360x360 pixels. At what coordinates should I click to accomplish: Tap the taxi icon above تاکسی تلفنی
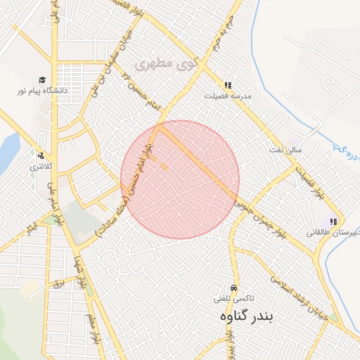233,288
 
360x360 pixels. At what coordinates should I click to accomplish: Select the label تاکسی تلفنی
233,298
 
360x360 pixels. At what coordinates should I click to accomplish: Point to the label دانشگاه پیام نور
42,91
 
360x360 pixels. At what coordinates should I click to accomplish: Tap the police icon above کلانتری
41,156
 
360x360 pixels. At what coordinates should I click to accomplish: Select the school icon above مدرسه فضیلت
228,85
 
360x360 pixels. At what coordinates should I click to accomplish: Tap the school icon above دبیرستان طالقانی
333,222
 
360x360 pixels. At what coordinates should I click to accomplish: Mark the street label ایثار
28,228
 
